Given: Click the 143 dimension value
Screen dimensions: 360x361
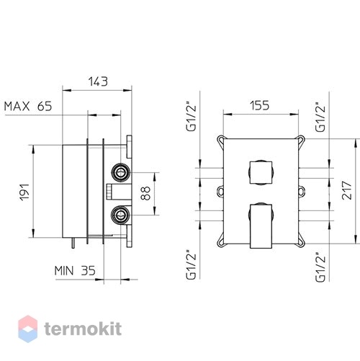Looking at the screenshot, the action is pyautogui.click(x=98, y=81).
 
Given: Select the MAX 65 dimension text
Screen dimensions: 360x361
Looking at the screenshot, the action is pyautogui.click(x=28, y=106).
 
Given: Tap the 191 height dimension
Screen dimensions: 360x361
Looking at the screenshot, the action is pyautogui.click(x=24, y=192).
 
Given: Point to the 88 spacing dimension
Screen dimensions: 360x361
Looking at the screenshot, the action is pyautogui.click(x=145, y=193).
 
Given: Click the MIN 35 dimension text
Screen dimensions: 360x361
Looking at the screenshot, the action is pyautogui.click(x=75, y=271).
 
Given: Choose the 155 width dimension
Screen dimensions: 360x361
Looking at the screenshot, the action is pyautogui.click(x=260, y=105).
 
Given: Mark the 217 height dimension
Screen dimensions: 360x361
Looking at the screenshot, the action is pyautogui.click(x=347, y=190).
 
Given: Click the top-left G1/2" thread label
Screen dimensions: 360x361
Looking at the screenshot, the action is pyautogui.click(x=192, y=118).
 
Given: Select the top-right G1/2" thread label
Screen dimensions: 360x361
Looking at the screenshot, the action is pyautogui.click(x=320, y=118).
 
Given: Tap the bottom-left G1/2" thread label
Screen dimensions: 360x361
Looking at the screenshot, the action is pyautogui.click(x=192, y=265).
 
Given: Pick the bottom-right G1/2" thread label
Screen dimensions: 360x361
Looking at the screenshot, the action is pyautogui.click(x=320, y=267).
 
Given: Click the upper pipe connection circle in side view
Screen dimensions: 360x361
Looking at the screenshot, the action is pyautogui.click(x=121, y=172).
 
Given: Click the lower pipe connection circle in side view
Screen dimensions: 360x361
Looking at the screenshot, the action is pyautogui.click(x=121, y=215).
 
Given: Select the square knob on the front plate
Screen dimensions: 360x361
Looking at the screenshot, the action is pyautogui.click(x=261, y=173).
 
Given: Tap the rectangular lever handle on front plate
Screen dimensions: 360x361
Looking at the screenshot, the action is pyautogui.click(x=261, y=226).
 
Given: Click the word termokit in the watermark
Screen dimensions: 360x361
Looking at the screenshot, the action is pyautogui.click(x=83, y=329).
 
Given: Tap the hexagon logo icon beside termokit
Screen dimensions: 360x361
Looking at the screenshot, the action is pyautogui.click(x=28, y=329).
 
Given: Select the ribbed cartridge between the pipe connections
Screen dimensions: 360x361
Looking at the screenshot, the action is pyautogui.click(x=109, y=192).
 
